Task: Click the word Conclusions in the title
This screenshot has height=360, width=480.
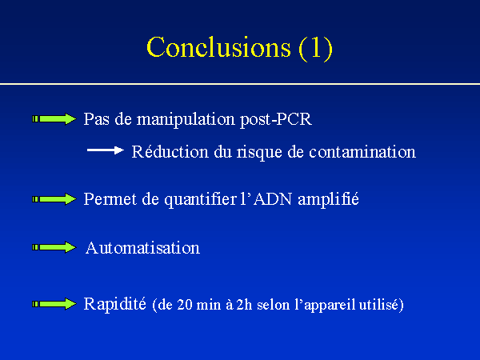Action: tap(218, 47)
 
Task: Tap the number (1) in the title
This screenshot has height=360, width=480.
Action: tap(316, 48)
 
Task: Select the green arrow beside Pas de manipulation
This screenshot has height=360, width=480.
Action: tap(54, 118)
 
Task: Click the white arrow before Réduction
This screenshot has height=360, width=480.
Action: tap(106, 150)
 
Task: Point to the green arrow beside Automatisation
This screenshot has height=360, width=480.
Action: tap(54, 247)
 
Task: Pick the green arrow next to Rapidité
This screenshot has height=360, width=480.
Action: tap(54, 304)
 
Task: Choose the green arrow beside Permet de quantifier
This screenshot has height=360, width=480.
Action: tap(54, 199)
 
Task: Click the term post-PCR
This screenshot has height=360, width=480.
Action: tap(276, 120)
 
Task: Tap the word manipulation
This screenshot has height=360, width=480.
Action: tap(186, 120)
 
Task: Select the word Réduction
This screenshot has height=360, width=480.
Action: tap(170, 151)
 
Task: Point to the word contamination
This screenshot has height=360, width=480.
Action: tap(362, 152)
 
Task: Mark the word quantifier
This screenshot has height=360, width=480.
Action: tap(201, 199)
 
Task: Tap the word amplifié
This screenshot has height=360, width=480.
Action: tap(328, 199)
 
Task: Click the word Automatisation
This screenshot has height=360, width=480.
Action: tap(142, 248)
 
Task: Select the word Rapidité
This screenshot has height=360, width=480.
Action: tap(114, 304)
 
